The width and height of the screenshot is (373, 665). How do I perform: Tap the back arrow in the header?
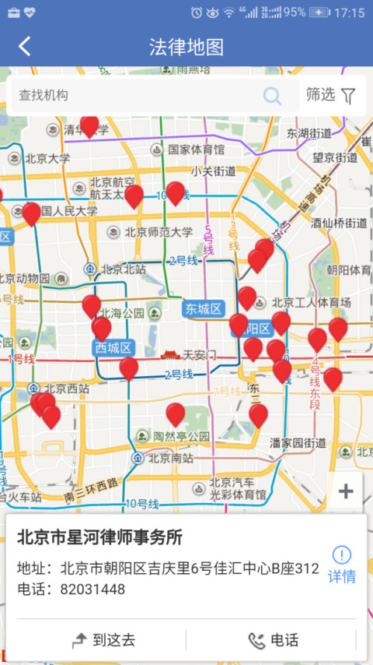pyautogui.click(x=25, y=47)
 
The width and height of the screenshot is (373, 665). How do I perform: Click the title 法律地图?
pyautogui.click(x=186, y=47)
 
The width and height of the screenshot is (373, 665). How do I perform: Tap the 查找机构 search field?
pyautogui.click(x=140, y=96)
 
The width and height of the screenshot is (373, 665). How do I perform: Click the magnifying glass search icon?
pyautogui.click(x=272, y=96)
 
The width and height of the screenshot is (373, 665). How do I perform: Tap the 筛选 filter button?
pyautogui.click(x=331, y=95)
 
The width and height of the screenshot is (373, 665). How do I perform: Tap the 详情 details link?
pyautogui.click(x=341, y=565)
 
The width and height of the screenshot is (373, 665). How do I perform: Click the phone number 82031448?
pyautogui.click(x=92, y=589)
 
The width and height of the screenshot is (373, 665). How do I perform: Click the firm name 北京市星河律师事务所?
pyautogui.click(x=99, y=538)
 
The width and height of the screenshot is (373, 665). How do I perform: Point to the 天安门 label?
pyautogui.click(x=197, y=355)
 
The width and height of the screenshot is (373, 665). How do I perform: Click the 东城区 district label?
pyautogui.click(x=204, y=309)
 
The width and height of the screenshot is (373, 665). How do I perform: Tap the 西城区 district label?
pyautogui.click(x=113, y=347)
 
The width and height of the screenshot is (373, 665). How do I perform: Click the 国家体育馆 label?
pyautogui.click(x=195, y=149)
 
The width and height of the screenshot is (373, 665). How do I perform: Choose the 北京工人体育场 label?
pyautogui.click(x=311, y=302)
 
